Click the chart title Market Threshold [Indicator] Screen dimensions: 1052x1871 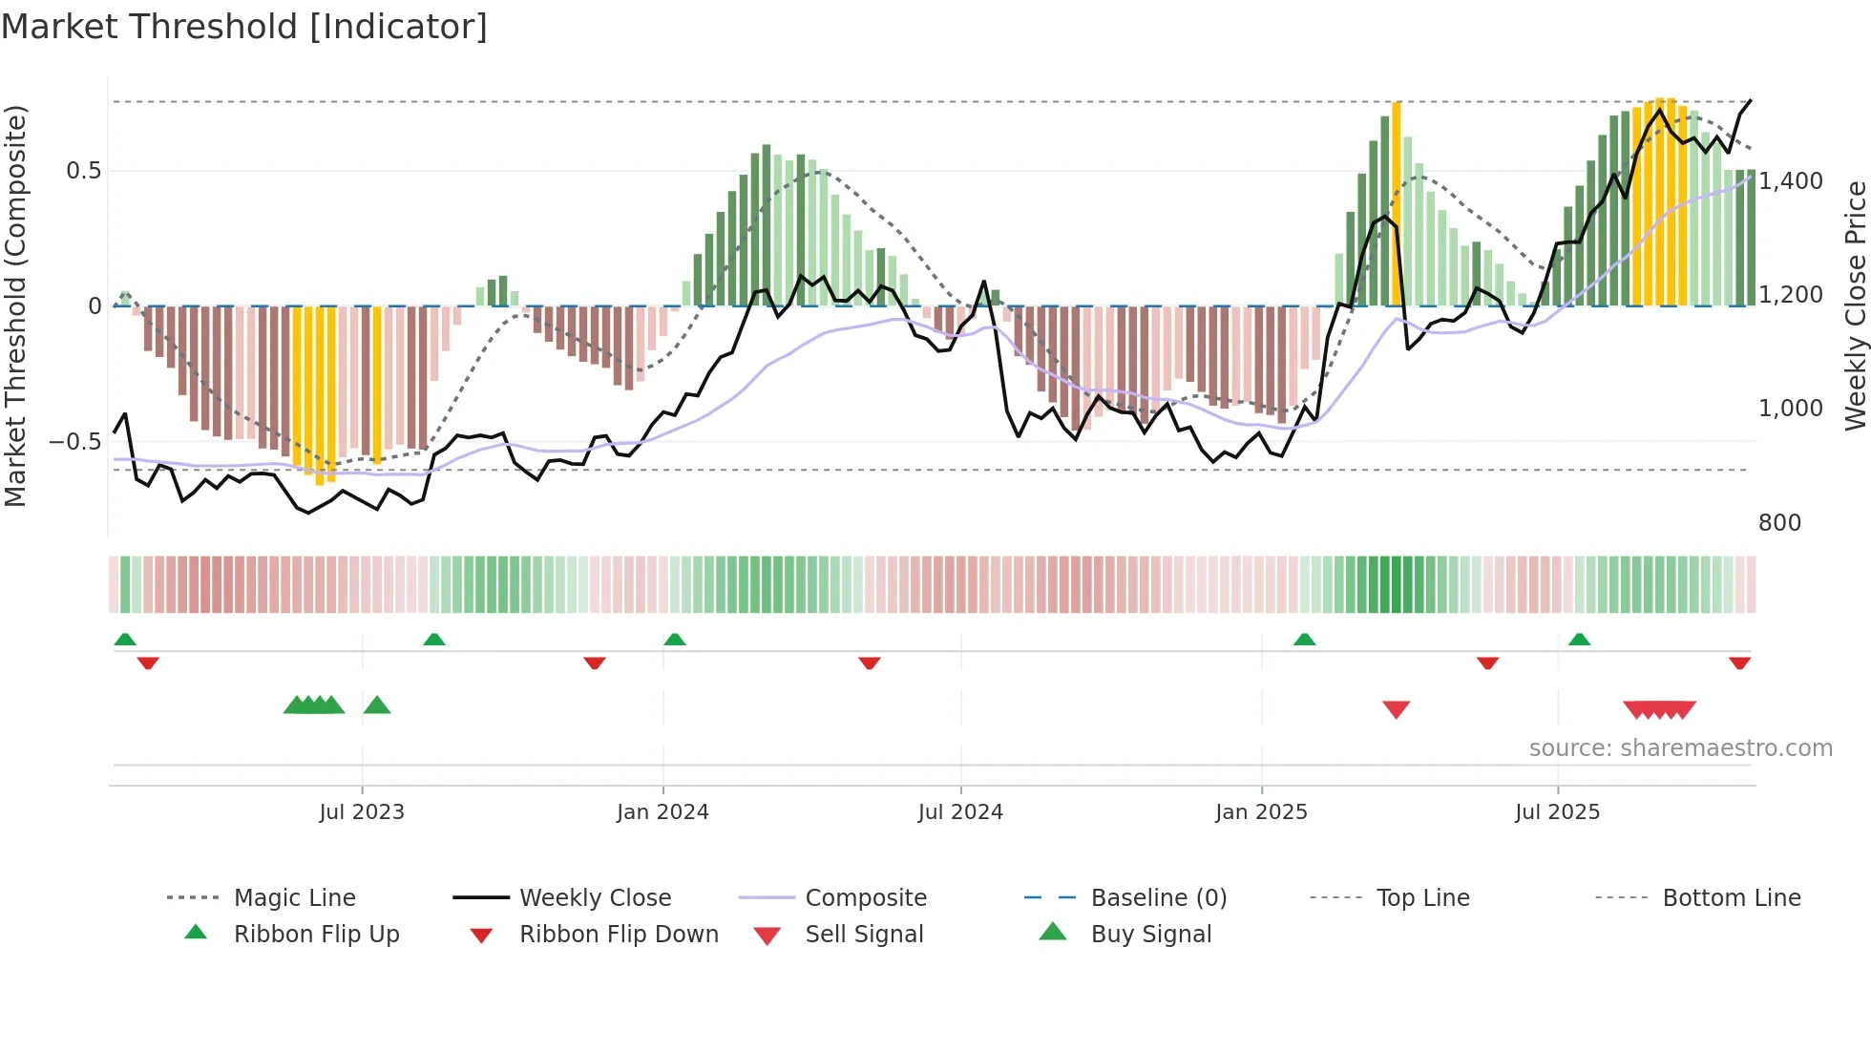(x=244, y=27)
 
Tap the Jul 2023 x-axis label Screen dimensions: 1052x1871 (x=362, y=812)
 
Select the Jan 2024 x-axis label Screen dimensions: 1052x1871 (x=662, y=812)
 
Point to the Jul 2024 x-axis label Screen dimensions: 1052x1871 (x=960, y=812)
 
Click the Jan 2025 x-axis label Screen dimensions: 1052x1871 (x=1261, y=812)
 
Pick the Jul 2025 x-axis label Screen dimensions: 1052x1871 (x=1557, y=812)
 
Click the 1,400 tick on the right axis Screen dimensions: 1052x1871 (x=1791, y=181)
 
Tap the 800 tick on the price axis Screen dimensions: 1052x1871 (x=1779, y=523)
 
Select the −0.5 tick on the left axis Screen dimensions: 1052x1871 (x=75, y=442)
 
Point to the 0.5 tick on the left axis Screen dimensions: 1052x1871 (x=83, y=171)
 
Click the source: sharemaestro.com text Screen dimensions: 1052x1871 (x=1680, y=748)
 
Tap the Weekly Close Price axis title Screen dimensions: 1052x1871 (x=1855, y=305)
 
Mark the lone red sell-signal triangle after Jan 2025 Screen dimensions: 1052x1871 (x=1396, y=709)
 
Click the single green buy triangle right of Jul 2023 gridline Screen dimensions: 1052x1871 (x=377, y=705)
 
